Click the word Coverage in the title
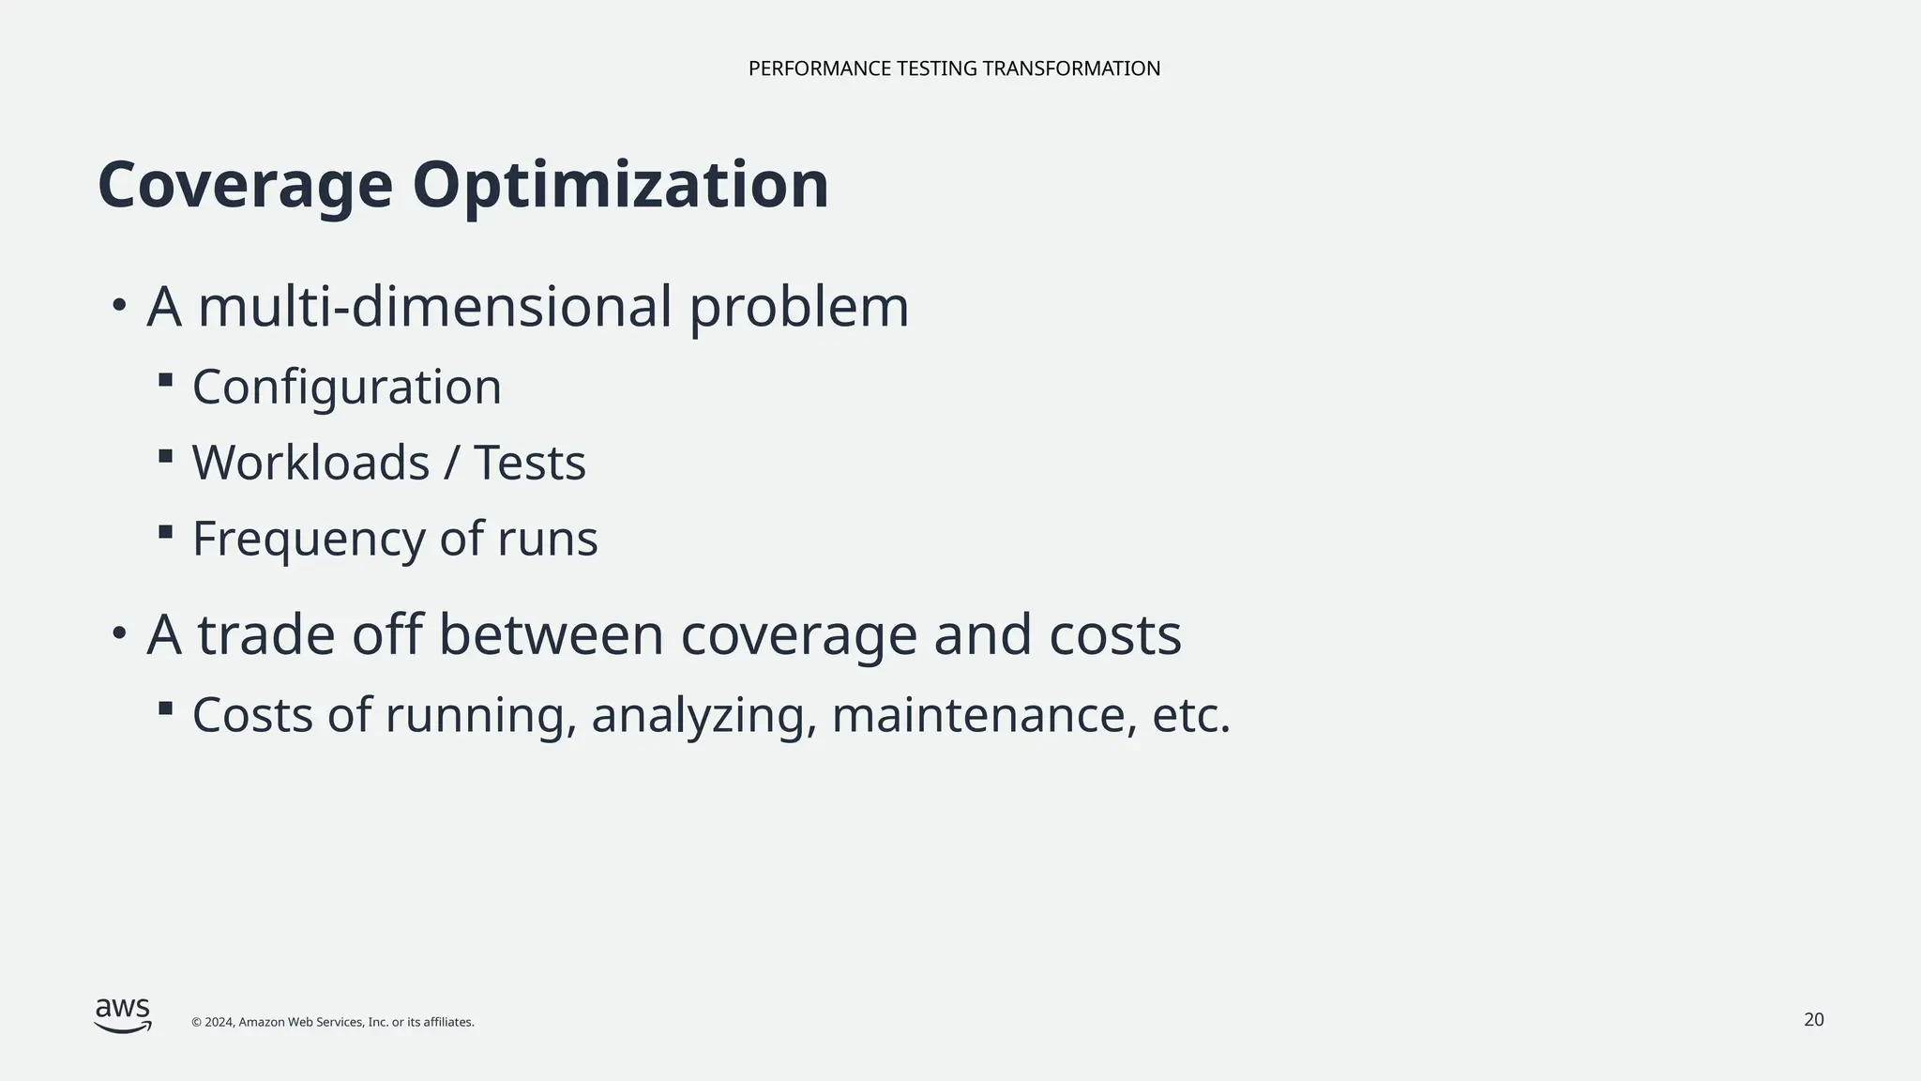245,185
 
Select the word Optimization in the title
620,185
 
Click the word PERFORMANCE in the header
819,69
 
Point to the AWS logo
123,1015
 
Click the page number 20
1814,1020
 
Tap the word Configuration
347,387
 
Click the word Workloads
310,463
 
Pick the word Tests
530,463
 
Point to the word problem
799,308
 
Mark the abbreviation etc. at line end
1191,715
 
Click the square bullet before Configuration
166,380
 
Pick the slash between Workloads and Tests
451,463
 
